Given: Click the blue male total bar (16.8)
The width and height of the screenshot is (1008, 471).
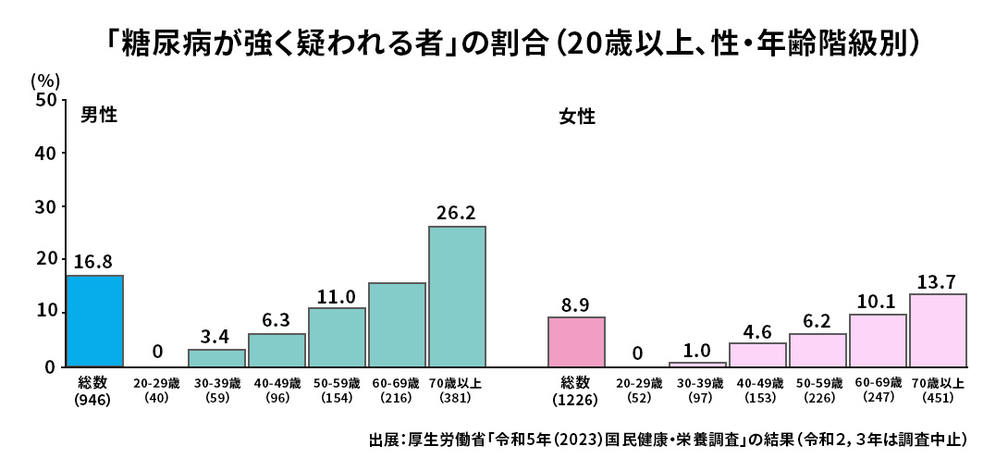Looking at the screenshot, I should pos(94,320).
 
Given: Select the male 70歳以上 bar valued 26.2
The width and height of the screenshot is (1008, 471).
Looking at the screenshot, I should pos(457,296).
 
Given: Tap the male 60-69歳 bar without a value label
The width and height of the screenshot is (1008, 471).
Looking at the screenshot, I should pos(397,325).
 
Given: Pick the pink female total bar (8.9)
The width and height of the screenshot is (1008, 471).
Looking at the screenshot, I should pos(576,341).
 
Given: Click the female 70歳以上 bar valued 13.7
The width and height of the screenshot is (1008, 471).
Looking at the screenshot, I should pos(938,330).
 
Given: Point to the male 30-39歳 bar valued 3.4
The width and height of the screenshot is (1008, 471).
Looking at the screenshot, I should pos(216,357).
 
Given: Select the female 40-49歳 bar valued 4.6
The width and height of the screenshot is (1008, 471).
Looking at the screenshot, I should pos(757,354).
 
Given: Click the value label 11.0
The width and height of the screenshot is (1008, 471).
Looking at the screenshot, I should pos(337,296).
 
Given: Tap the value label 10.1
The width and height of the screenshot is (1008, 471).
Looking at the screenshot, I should pos(878,302).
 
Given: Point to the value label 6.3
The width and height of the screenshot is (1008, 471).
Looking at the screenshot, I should pos(277,320).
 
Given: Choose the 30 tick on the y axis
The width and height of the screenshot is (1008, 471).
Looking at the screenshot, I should pos(45,206).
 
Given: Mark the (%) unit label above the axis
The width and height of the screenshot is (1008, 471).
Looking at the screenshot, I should pos(44,81).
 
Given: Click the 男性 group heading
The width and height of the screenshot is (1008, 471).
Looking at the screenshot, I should pos(98,116).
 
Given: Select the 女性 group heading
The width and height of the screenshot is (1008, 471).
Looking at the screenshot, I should pos(576,118).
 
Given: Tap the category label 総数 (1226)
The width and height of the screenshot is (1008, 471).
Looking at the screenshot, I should pos(576,391).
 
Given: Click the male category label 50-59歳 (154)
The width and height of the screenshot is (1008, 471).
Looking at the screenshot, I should pos(337,390).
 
